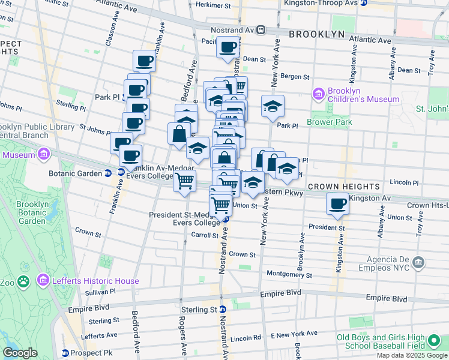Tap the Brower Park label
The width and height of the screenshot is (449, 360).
pyautogui.click(x=329, y=122)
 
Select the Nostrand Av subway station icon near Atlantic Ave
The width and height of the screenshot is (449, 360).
pyautogui.click(x=261, y=29)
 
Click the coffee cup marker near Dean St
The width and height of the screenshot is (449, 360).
pyautogui.click(x=227, y=47)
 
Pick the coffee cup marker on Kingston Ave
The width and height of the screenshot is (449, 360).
pyautogui.click(x=337, y=203)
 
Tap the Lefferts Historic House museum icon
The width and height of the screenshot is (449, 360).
pyautogui.click(x=42, y=280)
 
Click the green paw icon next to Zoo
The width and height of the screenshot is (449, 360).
pyautogui.click(x=23, y=281)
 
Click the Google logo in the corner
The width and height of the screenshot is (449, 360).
pyautogui.click(x=20, y=352)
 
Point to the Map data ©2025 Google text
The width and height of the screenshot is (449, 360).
pyautogui.click(x=412, y=355)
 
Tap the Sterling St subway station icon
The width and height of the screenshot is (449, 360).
pyautogui.click(x=222, y=310)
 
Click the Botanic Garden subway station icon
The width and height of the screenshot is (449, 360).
pyautogui.click(x=107, y=173)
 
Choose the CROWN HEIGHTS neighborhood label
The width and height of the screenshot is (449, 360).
pyautogui.click(x=344, y=187)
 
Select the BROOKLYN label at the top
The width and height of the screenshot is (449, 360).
pyautogui.click(x=316, y=34)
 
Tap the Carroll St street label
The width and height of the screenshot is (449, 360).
pyautogui.click(x=202, y=235)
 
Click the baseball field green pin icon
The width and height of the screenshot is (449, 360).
pyautogui.click(x=434, y=343)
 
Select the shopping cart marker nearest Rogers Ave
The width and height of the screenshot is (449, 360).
pyautogui.click(x=184, y=179)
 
